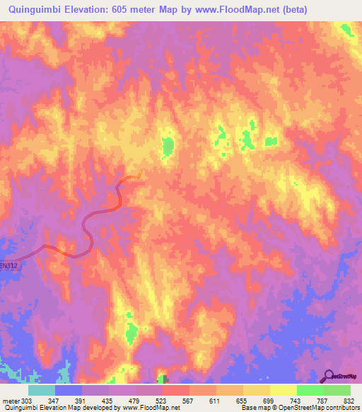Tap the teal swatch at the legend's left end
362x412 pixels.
[x=41, y=390]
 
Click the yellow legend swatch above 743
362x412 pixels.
[x=283, y=390]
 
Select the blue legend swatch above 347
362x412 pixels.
[x=68, y=390]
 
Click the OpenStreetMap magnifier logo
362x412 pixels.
[x=329, y=376]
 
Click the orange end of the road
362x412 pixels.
[x=141, y=172]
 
